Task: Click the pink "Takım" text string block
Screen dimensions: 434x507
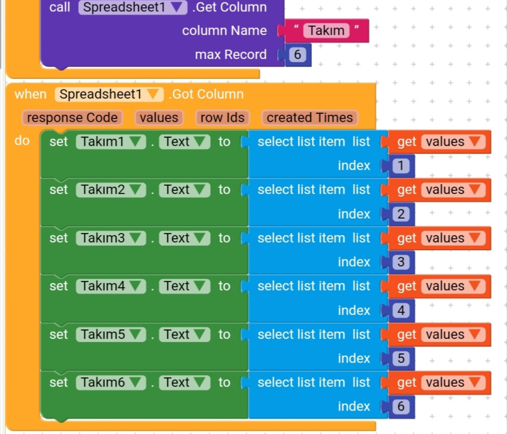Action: click(326, 31)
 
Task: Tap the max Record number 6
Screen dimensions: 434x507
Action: click(298, 55)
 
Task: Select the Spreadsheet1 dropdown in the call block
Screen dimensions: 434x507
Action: click(132, 7)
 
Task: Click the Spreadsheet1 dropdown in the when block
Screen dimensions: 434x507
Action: click(109, 94)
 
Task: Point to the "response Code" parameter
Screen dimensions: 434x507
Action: click(72, 117)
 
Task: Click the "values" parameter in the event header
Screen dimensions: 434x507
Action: click(159, 117)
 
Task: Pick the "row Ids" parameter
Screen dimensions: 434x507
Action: click(222, 117)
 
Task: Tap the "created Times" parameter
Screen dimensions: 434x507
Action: click(309, 117)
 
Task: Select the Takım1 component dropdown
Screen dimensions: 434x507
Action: click(111, 142)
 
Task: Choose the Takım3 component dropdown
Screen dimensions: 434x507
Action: click(111, 238)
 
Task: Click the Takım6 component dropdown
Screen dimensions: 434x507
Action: click(111, 382)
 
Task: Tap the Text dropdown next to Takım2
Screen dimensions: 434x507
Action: click(184, 190)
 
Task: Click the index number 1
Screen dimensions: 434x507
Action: click(401, 166)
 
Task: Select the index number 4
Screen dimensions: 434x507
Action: click(401, 310)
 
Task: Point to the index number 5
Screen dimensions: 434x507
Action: click(401, 358)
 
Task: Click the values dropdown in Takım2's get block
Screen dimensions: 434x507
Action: click(453, 190)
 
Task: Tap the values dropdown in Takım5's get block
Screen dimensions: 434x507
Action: click(453, 334)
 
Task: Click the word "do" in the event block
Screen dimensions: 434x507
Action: click(22, 141)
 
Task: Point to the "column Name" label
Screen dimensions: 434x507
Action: click(224, 31)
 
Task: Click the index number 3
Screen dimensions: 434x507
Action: click(401, 262)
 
